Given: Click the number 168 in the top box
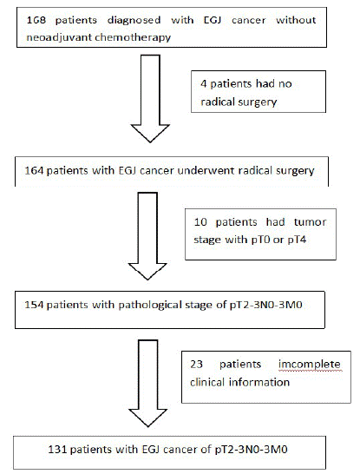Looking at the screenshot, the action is point(36,20).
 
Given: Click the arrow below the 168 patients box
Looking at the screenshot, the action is point(150,98).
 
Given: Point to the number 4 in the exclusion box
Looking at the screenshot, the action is point(204,83).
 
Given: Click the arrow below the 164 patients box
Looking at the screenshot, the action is point(147,236).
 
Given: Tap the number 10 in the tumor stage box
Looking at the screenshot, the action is point(200,222).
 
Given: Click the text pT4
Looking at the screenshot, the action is point(298,240).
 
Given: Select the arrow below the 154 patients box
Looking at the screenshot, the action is point(148,384).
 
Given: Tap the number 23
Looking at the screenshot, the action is point(196,365).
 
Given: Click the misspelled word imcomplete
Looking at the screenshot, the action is point(310,365).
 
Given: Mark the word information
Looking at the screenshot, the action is point(259,382).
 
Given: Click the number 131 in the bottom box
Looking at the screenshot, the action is point(57,449).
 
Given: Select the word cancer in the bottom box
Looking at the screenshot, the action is point(181,450).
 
